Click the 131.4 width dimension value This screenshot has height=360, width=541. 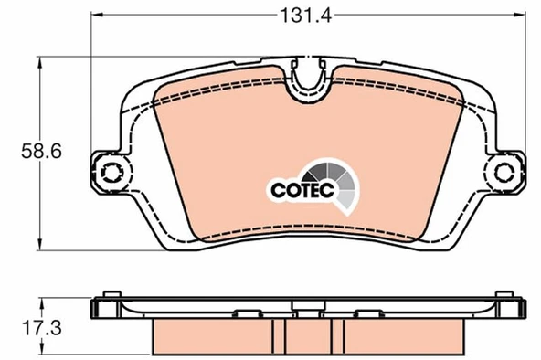point(306,16)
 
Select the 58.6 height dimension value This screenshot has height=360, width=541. point(41,151)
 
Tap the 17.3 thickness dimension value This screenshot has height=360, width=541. point(42,328)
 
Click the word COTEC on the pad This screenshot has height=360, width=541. point(302,190)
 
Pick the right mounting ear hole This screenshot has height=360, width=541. point(504,171)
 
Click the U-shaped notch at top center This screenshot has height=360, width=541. point(308,83)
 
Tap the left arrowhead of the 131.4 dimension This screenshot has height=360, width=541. point(97,15)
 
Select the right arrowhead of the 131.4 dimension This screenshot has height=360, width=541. point(520,15)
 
